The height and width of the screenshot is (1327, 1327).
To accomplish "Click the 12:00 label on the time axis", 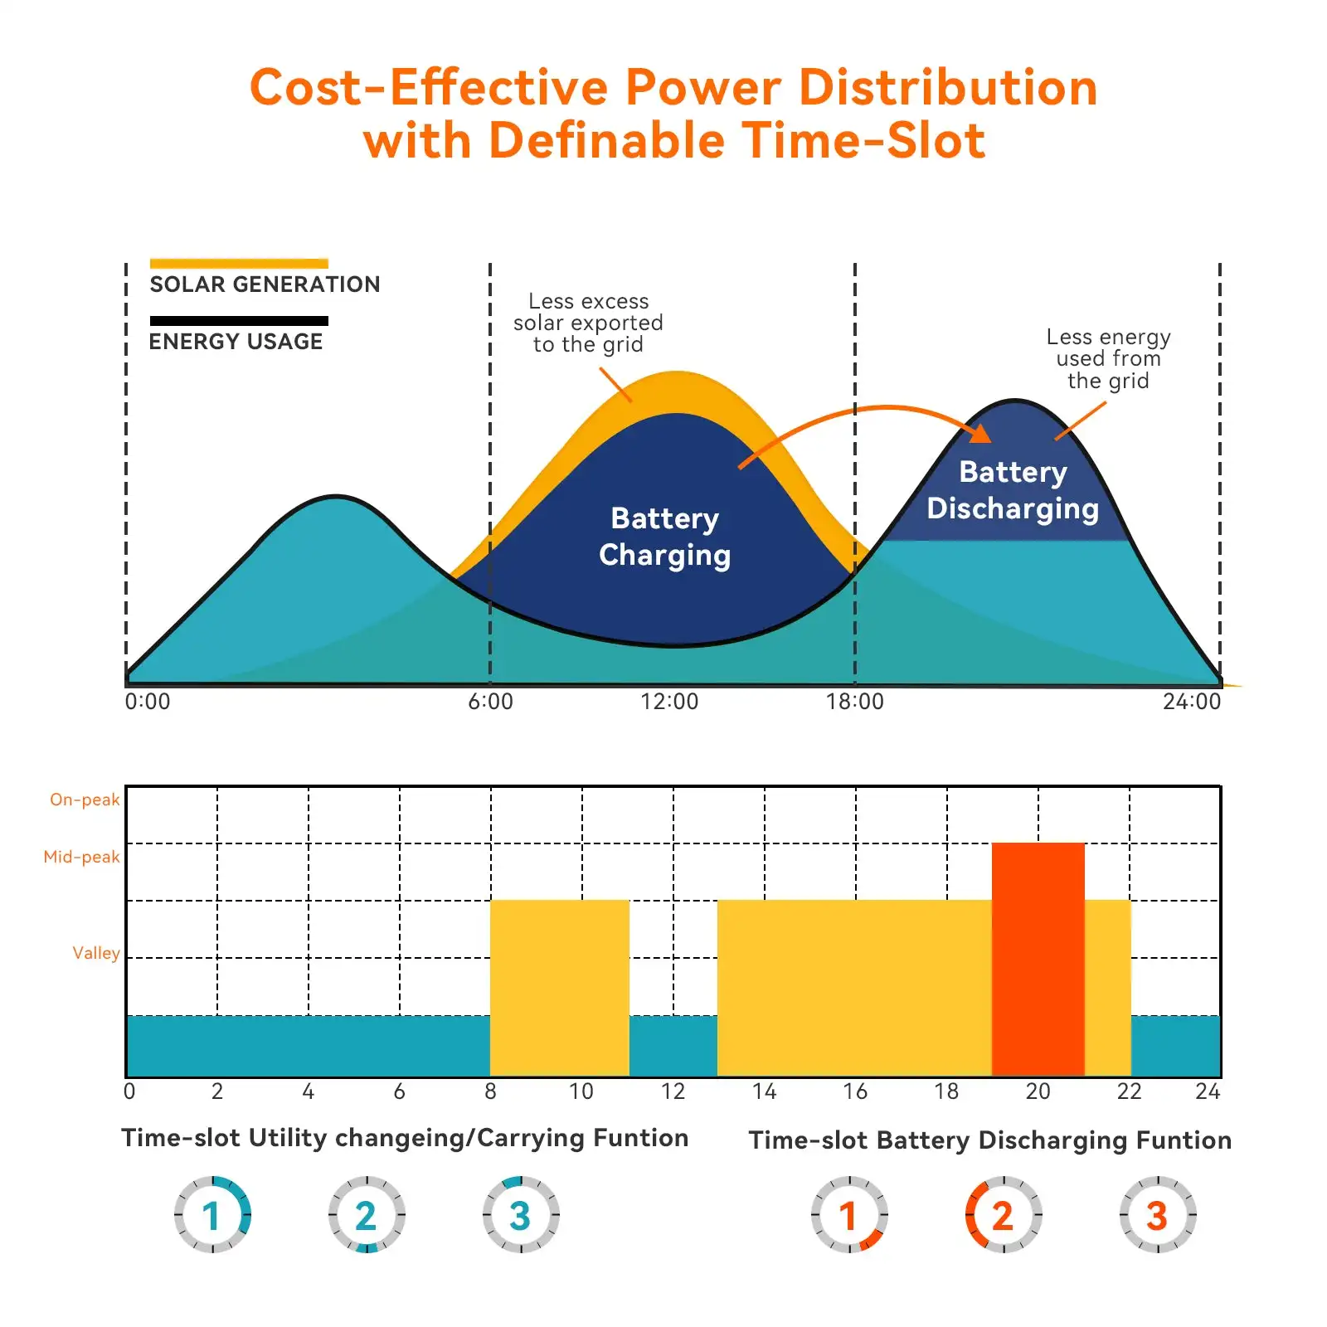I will coord(668,702).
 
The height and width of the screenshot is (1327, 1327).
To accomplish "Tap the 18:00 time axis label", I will coord(854,702).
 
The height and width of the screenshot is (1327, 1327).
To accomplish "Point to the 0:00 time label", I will coord(148,702).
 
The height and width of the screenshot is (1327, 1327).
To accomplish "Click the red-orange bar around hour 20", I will coord(1038,960).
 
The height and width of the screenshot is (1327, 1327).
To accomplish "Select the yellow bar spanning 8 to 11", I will coord(560,987).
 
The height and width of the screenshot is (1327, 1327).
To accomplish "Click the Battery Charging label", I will coord(664,537).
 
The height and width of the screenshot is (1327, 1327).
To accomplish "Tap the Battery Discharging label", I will coord(1012,489).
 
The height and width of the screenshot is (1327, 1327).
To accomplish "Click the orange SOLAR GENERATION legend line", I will coord(239,264).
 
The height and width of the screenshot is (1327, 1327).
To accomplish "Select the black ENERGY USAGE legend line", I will coord(239,321).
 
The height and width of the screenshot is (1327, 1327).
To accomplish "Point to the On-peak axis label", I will coord(85,800).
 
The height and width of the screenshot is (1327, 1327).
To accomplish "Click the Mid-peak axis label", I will coord(81,857).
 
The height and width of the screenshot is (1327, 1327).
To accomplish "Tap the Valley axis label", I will coord(95,953).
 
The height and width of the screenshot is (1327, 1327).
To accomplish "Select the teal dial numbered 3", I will coord(521,1215).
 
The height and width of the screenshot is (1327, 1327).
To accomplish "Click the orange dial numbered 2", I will coord(1003,1215).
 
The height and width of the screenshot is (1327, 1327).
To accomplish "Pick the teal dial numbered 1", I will coord(212,1215).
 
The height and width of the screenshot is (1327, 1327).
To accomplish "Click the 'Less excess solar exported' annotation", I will coord(588,323).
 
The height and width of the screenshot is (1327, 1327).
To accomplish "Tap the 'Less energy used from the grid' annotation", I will coord(1108,358).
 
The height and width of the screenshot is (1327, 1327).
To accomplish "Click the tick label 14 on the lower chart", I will coord(764,1091).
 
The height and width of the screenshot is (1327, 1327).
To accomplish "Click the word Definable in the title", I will coord(608,140).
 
